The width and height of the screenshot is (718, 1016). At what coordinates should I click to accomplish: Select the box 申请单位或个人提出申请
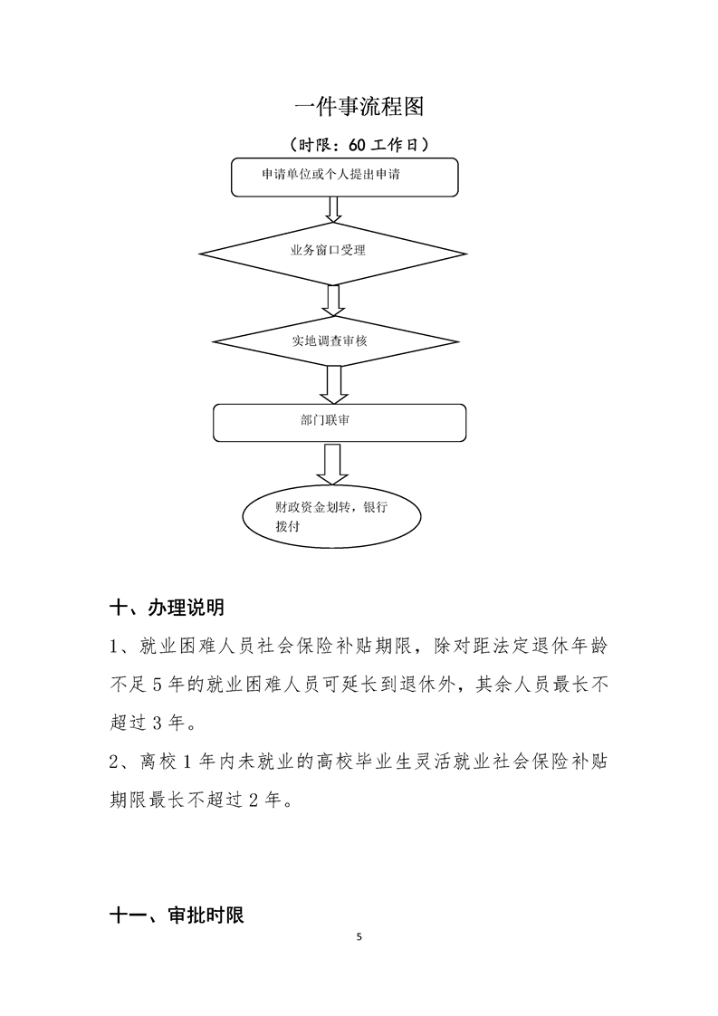(345, 177)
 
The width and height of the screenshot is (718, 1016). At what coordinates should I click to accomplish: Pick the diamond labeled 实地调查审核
(331, 341)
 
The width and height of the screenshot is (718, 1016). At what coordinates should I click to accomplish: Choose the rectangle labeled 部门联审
(340, 422)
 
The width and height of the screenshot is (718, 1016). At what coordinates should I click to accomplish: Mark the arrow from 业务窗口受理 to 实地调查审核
(332, 299)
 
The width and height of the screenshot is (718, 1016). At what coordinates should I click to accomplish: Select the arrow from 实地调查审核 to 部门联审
(333, 384)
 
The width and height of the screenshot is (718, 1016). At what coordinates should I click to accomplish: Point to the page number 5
(359, 936)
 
